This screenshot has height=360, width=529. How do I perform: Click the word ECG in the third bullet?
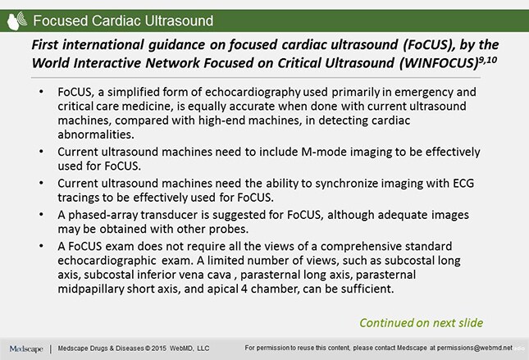452,184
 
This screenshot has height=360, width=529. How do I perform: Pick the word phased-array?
103,213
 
